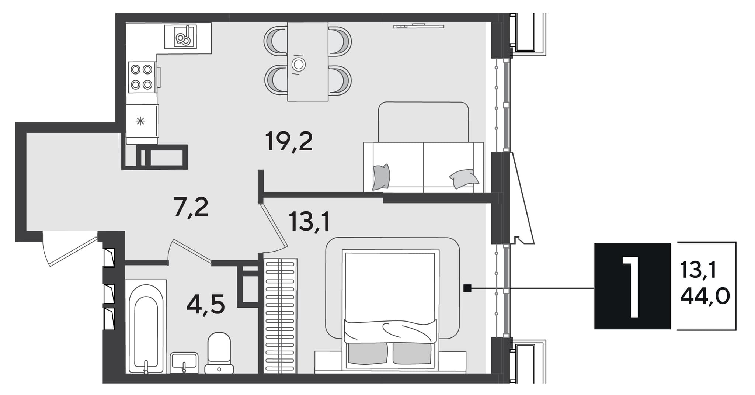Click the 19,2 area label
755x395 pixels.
(x=289, y=142)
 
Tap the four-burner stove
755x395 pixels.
(x=142, y=77)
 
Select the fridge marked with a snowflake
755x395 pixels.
(x=142, y=121)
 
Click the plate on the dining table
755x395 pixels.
(x=298, y=65)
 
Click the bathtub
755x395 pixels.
(x=146, y=326)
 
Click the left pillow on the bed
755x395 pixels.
(x=368, y=353)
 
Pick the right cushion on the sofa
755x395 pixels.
(x=464, y=178)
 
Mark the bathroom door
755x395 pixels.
(x=190, y=251)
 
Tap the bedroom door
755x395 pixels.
(x=272, y=225)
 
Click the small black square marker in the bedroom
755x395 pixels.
(x=467, y=288)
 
